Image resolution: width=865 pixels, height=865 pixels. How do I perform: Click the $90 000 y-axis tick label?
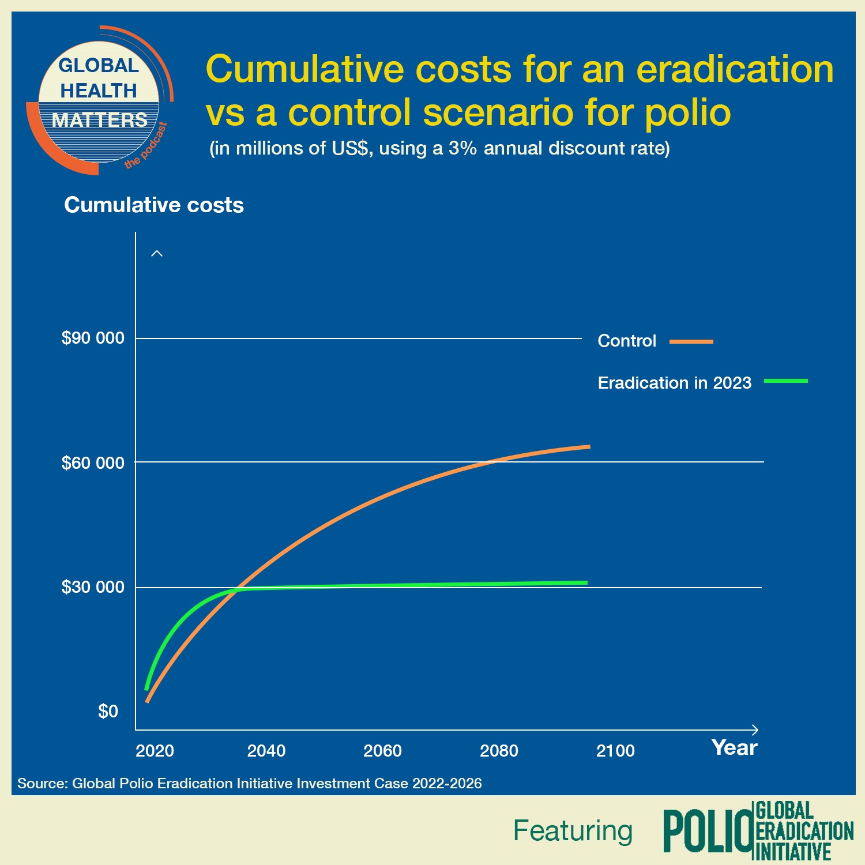pyautogui.click(x=93, y=338)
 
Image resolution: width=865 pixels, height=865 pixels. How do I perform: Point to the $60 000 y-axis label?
pyautogui.click(x=93, y=462)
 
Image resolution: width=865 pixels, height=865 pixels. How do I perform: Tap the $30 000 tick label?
pyautogui.click(x=93, y=587)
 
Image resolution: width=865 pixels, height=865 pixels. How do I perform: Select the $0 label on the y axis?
pyautogui.click(x=108, y=712)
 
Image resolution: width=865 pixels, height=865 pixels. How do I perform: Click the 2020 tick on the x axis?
pyautogui.click(x=155, y=751)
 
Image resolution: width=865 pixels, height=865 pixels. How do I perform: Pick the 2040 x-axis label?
pyautogui.click(x=266, y=751)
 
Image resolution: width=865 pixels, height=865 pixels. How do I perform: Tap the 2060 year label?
pyautogui.click(x=382, y=751)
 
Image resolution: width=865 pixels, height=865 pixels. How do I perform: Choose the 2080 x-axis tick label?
pyautogui.click(x=499, y=751)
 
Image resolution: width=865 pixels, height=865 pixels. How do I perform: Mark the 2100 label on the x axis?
pyautogui.click(x=615, y=751)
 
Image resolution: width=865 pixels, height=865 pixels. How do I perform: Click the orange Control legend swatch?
pyautogui.click(x=691, y=341)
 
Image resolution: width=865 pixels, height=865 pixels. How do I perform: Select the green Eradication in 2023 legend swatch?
pyautogui.click(x=785, y=381)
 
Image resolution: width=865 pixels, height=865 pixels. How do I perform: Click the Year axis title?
pyautogui.click(x=734, y=748)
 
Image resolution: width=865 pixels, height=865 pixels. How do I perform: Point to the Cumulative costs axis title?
pyautogui.click(x=154, y=205)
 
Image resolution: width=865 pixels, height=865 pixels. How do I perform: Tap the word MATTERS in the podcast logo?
pyautogui.click(x=100, y=120)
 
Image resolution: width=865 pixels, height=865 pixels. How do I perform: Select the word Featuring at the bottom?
pyautogui.click(x=573, y=831)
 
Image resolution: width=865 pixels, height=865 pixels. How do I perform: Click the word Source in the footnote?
pyautogui.click(x=42, y=783)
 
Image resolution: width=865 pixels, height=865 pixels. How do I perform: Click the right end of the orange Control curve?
pyautogui.click(x=588, y=446)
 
